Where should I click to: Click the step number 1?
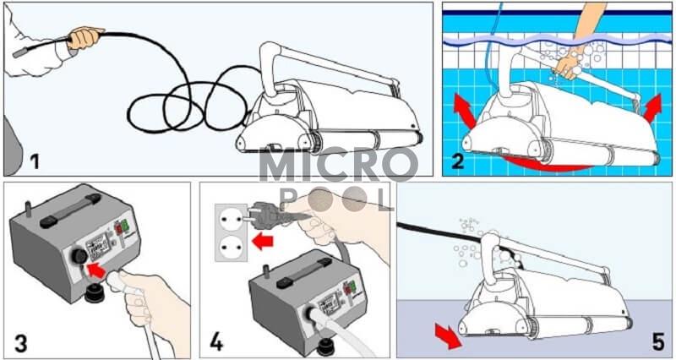[35, 162]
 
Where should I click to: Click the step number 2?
[457, 161]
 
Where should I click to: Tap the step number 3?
[21, 344]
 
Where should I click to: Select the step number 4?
[216, 343]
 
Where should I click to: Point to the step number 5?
[658, 341]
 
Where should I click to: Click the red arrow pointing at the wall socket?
[263, 242]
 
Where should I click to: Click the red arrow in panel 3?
[96, 270]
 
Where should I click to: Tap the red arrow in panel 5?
[448, 336]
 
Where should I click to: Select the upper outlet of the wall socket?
[231, 218]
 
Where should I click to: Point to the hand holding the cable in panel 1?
[84, 37]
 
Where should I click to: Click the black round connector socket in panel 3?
[79, 256]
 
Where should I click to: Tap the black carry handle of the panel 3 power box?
[70, 211]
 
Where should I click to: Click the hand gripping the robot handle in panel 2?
[569, 65]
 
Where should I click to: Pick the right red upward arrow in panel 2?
[652, 109]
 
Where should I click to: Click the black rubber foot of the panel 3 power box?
[94, 293]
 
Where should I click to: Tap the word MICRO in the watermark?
[338, 165]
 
